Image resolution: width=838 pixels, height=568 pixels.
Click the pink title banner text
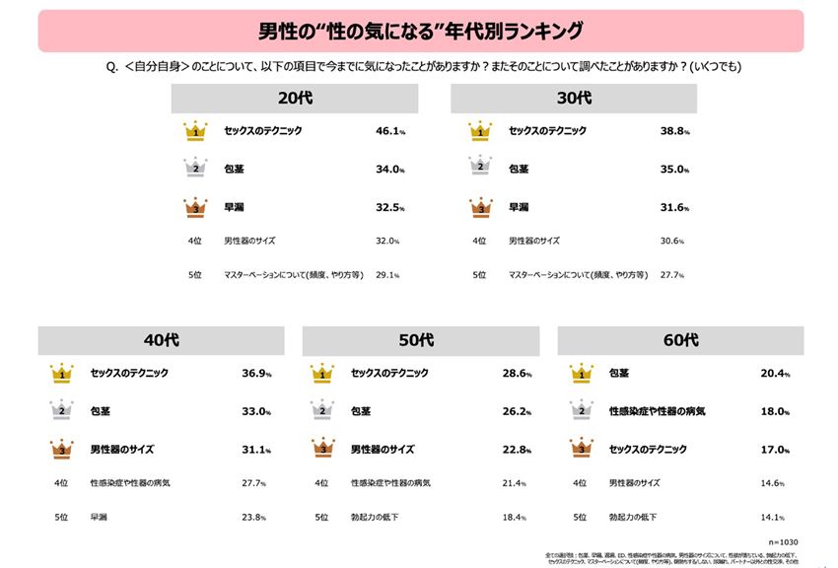coord(420,31)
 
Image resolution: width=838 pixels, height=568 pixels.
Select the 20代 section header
coord(294,99)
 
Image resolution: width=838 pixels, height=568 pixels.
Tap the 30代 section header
coord(574,99)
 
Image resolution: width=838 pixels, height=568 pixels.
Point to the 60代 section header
coord(681,341)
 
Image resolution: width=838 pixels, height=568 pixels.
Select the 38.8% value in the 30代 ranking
coord(674,131)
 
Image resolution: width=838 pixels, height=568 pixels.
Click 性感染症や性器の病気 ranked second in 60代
coord(657,411)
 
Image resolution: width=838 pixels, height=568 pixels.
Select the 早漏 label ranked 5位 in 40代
coord(99,516)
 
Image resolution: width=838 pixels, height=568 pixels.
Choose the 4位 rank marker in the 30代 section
coord(479,241)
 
